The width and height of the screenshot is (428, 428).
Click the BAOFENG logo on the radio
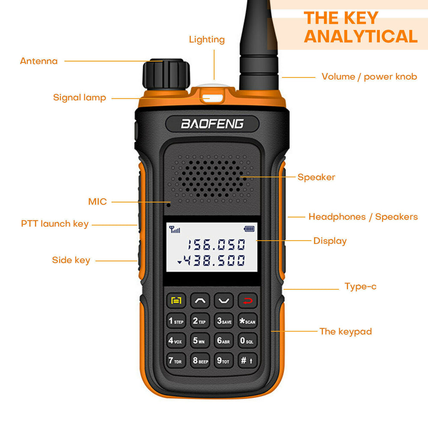(x=212, y=124)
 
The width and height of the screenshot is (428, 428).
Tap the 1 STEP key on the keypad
(x=176, y=321)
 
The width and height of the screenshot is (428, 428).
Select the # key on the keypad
(x=247, y=361)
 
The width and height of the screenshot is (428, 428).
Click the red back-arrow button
(x=248, y=300)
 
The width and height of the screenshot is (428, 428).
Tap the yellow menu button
(x=176, y=300)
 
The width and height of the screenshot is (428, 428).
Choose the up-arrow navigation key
(x=200, y=300)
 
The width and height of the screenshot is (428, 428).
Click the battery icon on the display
(x=249, y=229)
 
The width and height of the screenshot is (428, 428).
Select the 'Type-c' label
(x=360, y=286)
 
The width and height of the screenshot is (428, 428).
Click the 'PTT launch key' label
(x=55, y=224)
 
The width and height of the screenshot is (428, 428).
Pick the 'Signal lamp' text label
(x=79, y=98)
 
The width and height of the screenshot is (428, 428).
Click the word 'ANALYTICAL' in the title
(x=360, y=36)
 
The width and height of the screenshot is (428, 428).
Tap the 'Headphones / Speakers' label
(x=363, y=217)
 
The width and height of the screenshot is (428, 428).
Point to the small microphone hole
(x=169, y=205)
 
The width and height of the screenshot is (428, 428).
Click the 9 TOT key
(x=223, y=361)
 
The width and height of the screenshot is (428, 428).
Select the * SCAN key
(x=247, y=321)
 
